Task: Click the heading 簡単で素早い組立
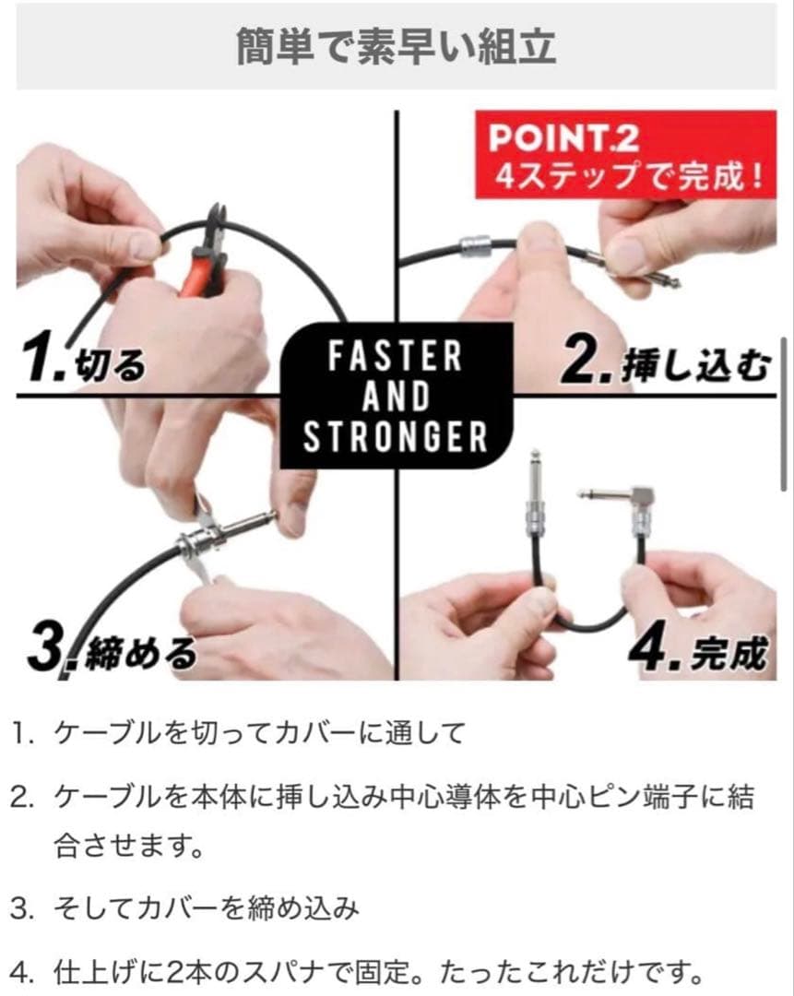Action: point(396,46)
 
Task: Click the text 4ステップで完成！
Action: point(629,176)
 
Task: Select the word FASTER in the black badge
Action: point(395,356)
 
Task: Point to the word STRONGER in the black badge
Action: point(395,437)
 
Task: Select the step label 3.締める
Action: point(113,650)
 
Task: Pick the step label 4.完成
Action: point(697,650)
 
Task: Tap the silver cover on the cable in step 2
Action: point(475,246)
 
